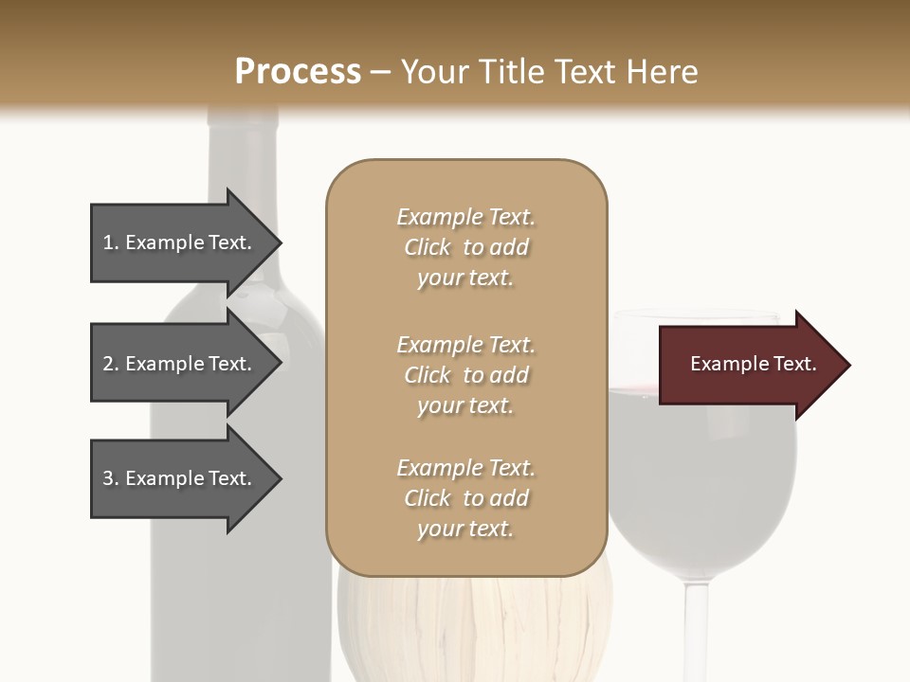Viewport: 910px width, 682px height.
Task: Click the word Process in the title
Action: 298,72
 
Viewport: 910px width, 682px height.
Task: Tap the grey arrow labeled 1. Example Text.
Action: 180,243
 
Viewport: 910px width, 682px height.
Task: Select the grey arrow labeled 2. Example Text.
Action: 180,364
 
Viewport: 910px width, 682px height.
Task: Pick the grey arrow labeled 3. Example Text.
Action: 180,478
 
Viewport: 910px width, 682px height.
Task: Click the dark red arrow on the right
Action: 749,365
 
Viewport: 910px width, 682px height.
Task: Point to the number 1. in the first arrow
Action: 111,243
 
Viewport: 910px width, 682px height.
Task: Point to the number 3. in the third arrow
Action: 111,478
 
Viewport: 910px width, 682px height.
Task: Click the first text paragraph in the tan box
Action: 465,247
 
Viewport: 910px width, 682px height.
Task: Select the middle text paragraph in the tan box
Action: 465,375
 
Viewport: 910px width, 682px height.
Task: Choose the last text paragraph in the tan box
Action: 465,498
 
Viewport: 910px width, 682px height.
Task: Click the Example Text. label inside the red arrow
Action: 753,364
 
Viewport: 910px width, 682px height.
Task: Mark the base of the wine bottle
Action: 237,654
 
